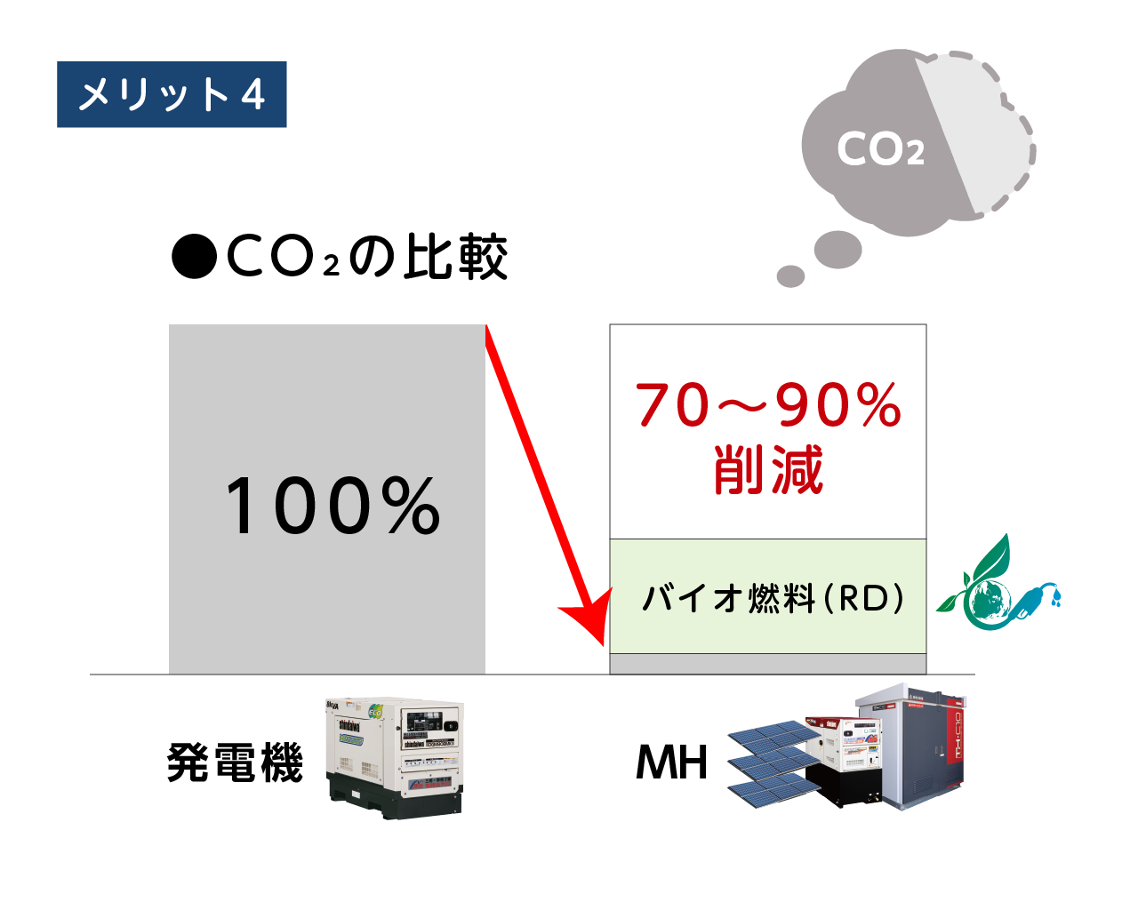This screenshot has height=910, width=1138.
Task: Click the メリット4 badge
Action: click(172, 94)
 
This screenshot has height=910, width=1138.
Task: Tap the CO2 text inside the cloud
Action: click(880, 149)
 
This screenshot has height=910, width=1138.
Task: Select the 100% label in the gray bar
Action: click(332, 506)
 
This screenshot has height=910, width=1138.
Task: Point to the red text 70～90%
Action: click(768, 405)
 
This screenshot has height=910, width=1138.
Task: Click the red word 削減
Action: click(768, 470)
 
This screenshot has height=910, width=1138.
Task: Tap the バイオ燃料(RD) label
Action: click(772, 598)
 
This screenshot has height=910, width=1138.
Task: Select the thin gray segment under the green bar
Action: click(768, 664)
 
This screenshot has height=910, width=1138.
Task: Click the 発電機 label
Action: click(235, 762)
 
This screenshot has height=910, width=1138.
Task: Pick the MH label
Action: click(671, 762)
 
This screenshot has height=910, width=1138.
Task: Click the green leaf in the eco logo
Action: click(991, 560)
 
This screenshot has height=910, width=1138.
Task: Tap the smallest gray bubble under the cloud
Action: click(790, 275)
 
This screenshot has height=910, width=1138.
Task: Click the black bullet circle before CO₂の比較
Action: click(194, 258)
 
